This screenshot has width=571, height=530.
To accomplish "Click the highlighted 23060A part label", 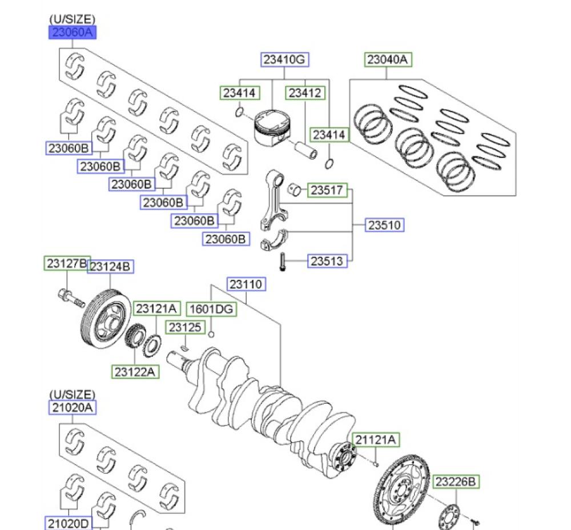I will [x=72, y=33].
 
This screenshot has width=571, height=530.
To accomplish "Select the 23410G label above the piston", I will [x=285, y=59].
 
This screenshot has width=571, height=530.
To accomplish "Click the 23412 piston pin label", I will [x=305, y=93].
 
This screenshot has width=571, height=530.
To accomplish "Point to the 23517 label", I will [x=328, y=190].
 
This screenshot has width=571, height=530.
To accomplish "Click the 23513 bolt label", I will [x=328, y=261].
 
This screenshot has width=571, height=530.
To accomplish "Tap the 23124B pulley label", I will [x=111, y=266].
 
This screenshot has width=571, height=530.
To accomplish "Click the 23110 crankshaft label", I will [x=247, y=284].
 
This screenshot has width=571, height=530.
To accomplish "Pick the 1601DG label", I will [x=211, y=310].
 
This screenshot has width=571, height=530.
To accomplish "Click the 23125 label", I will [x=185, y=327].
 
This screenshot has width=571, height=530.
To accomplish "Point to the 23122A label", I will [x=135, y=371].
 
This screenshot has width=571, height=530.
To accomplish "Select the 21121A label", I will [x=376, y=440].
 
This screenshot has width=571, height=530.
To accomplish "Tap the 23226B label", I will [x=455, y=482].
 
